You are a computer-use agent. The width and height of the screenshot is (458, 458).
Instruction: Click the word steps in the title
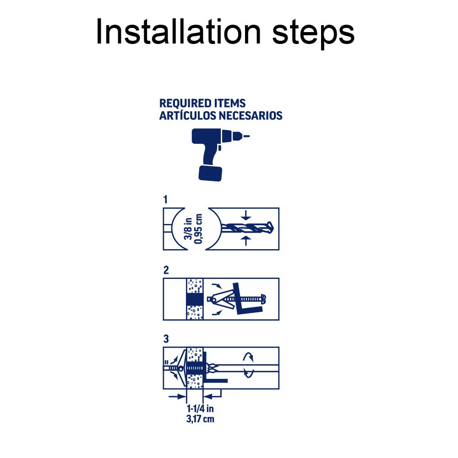pos(313,33)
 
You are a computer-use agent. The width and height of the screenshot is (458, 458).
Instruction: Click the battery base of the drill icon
pos(210,173)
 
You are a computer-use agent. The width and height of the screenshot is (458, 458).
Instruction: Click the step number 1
pos(165,200)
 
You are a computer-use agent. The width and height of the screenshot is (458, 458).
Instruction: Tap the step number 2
pos(166,270)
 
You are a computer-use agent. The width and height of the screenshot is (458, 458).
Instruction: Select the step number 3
pos(166,339)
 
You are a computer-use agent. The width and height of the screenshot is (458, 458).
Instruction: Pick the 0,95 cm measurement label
pos(198,229)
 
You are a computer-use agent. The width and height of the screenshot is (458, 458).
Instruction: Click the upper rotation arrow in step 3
pos(249,357)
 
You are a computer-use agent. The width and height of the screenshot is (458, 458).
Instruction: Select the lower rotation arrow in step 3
pos(249,373)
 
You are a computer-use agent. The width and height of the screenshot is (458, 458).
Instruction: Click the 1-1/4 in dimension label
pos(201,409)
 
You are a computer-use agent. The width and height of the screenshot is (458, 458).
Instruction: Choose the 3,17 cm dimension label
pos(201,419)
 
